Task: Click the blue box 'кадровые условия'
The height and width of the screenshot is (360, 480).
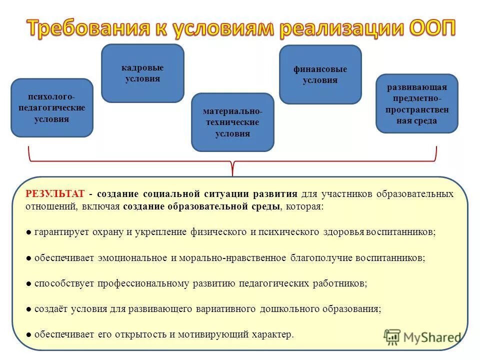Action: click(x=142, y=73)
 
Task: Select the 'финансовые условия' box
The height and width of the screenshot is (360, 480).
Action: click(x=320, y=74)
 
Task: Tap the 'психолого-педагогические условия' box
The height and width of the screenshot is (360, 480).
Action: click(x=52, y=108)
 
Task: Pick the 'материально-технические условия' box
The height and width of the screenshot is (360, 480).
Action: click(x=232, y=122)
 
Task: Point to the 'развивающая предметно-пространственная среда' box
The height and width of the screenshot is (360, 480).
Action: click(x=416, y=103)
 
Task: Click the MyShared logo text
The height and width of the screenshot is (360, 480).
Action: click(x=433, y=337)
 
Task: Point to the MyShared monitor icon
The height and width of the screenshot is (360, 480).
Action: click(x=392, y=337)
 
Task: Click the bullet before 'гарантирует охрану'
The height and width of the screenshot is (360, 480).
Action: click(x=29, y=233)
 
